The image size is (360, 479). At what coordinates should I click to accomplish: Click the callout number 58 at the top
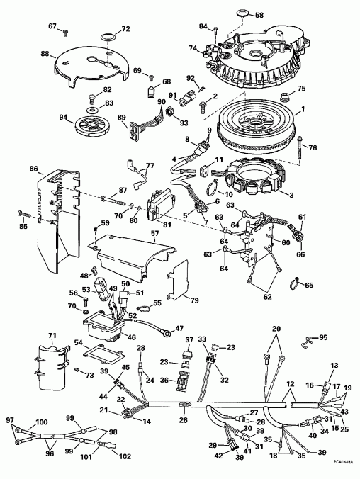pyautogui.click(x=258, y=15)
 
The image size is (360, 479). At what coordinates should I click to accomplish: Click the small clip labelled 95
pyautogui.click(x=306, y=343)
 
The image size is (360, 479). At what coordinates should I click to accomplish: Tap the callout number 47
pyautogui.click(x=179, y=328)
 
